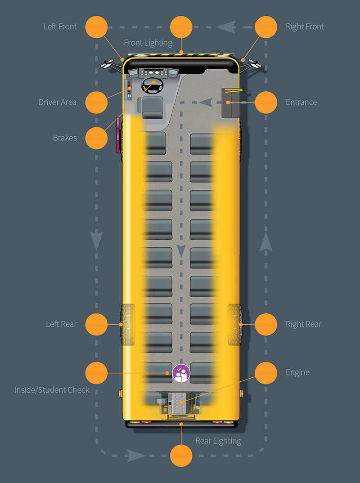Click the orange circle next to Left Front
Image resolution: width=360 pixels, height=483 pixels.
(96, 27)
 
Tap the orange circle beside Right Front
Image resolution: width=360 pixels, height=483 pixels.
(266, 27)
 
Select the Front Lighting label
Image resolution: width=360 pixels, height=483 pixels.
(148, 43)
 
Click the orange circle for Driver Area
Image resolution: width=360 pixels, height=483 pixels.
(96, 102)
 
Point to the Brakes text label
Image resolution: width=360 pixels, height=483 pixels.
(65, 138)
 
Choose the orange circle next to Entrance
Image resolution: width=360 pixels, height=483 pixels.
(266, 102)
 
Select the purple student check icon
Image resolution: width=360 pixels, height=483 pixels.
(181, 373)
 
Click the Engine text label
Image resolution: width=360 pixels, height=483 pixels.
(297, 372)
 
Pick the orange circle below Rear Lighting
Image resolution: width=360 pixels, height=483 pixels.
(181, 456)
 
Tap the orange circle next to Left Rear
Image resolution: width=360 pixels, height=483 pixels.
(96, 324)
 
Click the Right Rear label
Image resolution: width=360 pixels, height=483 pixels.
(304, 324)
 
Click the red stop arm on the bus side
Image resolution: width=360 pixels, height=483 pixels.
(118, 135)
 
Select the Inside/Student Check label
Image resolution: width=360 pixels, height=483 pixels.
(52, 390)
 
